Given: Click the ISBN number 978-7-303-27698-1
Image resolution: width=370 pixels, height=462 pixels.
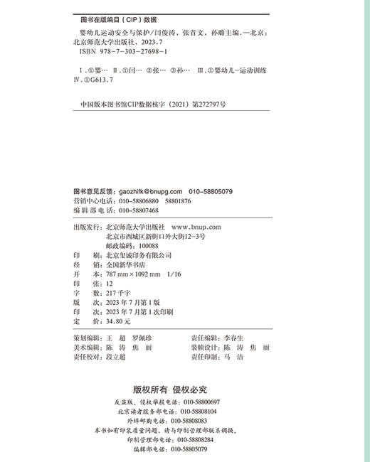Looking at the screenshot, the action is click(132, 53).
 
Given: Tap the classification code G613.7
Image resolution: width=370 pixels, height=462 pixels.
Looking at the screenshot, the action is click(102, 83).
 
